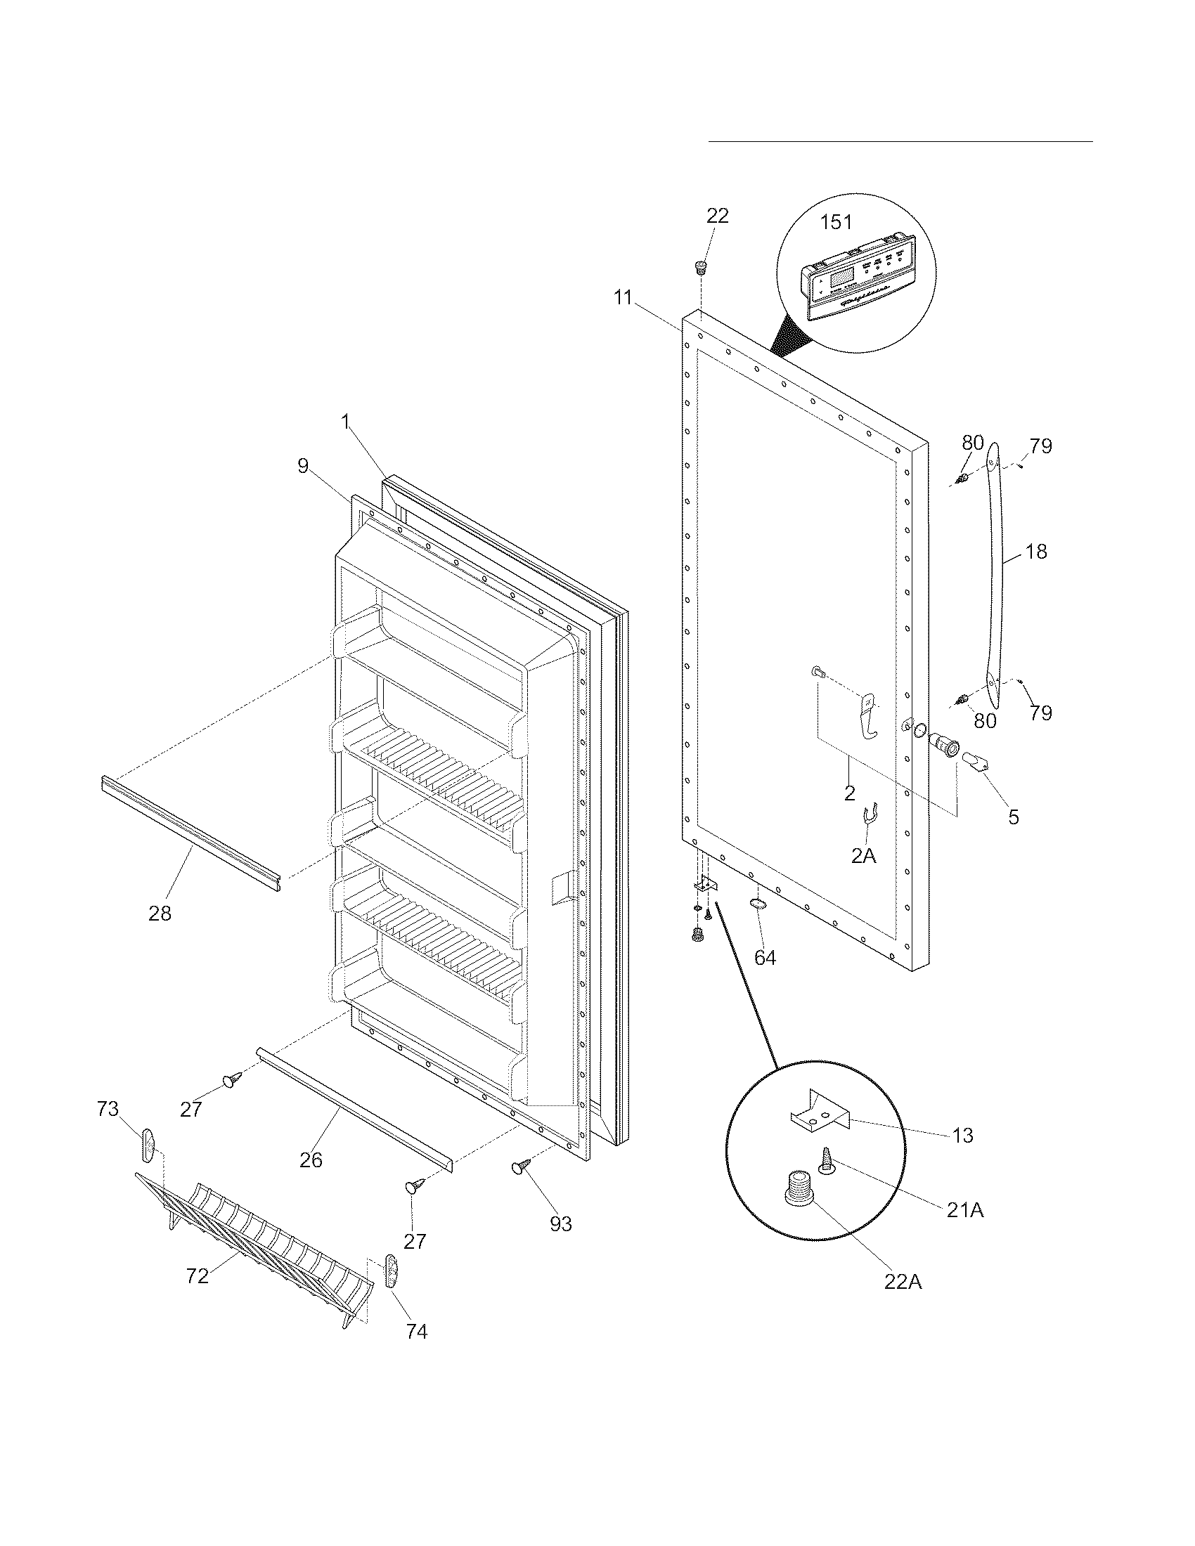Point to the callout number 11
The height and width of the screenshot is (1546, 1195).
click(x=622, y=298)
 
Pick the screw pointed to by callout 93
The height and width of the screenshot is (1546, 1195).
click(x=522, y=1167)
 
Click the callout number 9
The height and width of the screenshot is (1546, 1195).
click(x=303, y=467)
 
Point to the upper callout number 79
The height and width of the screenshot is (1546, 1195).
click(x=1040, y=446)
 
